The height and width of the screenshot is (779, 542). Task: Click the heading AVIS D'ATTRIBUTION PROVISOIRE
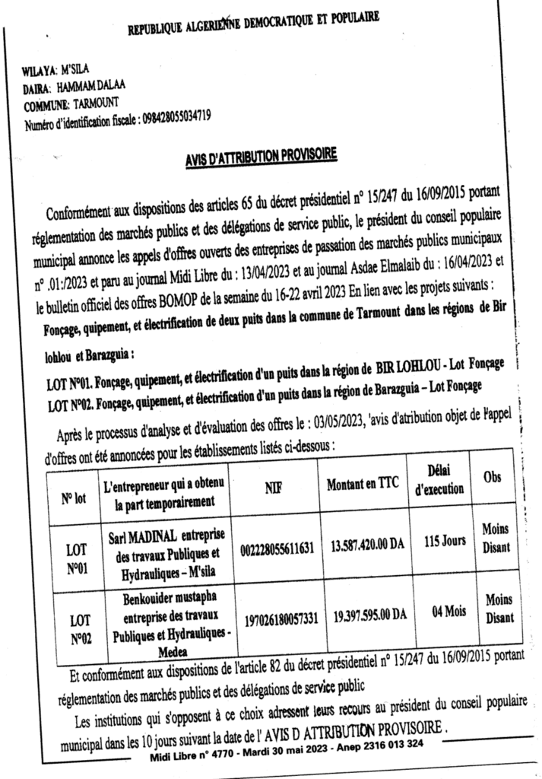tap(261, 159)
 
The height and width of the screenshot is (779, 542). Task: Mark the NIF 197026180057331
tap(281, 618)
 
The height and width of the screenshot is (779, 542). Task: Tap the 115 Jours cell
tap(445, 541)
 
